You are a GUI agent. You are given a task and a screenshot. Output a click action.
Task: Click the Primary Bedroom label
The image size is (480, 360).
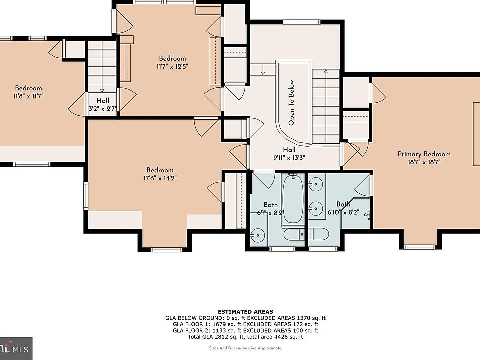(x=424, y=154)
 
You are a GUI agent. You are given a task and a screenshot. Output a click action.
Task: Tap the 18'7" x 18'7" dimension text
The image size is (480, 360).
(x=424, y=162)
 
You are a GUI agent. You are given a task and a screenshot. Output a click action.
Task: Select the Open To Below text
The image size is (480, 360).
(x=291, y=103)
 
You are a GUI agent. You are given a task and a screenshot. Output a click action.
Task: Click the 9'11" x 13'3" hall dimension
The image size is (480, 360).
(x=289, y=158)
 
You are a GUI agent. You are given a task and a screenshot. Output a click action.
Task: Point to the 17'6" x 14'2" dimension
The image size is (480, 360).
(x=160, y=178)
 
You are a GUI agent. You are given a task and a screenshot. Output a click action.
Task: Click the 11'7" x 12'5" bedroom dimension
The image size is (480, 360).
(x=172, y=66)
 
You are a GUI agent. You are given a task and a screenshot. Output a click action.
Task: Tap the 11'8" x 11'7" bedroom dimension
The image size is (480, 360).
(x=29, y=96)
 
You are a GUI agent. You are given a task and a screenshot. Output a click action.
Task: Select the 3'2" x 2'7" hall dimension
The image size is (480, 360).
(x=103, y=108)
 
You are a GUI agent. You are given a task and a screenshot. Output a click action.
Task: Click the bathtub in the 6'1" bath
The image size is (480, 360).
(x=293, y=199)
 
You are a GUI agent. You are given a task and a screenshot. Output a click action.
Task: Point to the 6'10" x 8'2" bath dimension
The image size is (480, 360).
(x=343, y=212)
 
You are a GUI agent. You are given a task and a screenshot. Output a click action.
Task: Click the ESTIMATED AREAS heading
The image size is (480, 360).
(x=246, y=312)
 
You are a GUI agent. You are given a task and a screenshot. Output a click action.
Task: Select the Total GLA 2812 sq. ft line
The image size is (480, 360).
(x=246, y=337)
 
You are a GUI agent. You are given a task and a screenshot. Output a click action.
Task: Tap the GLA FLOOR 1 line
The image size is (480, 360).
(x=246, y=324)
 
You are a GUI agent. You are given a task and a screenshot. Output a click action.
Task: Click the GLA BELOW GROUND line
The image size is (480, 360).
(x=246, y=318)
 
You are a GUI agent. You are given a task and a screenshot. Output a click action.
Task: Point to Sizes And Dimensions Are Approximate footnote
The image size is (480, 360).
(x=246, y=348)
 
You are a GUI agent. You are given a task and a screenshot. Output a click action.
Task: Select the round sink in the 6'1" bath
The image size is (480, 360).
(x=258, y=235)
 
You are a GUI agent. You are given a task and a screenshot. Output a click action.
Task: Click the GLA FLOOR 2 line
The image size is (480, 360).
(x=246, y=330)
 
